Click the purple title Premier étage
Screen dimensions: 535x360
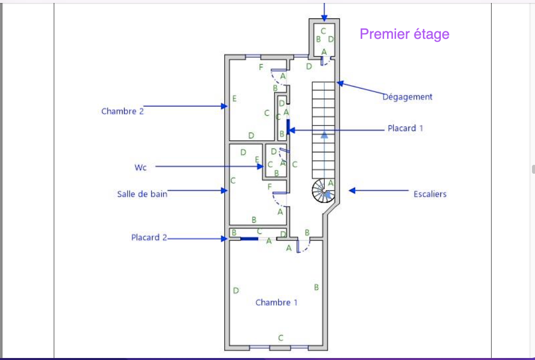tap(404, 34)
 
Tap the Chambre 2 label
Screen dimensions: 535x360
tap(123, 112)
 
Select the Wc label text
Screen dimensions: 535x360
tap(140, 167)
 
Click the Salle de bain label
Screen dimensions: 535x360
tap(142, 194)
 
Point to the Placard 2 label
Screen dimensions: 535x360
tap(149, 238)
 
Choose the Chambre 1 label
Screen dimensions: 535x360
tap(276, 302)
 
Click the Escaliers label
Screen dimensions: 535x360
tap(430, 194)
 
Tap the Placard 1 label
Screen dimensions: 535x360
tap(405, 128)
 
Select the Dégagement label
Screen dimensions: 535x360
tap(407, 97)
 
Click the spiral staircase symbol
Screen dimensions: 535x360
tap(323, 191)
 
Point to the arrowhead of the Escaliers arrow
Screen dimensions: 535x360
tap(352, 191)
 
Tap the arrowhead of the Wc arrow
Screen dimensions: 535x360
tap(261, 166)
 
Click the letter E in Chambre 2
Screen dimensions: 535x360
tap(235, 99)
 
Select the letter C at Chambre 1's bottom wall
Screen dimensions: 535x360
tap(281, 338)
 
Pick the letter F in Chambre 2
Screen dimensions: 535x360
tap(261, 67)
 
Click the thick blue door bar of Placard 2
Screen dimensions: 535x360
tap(249, 239)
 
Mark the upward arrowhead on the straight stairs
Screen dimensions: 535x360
tap(324, 134)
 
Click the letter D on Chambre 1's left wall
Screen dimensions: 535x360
tap(236, 290)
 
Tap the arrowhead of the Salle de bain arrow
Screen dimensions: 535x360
tap(224, 191)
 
